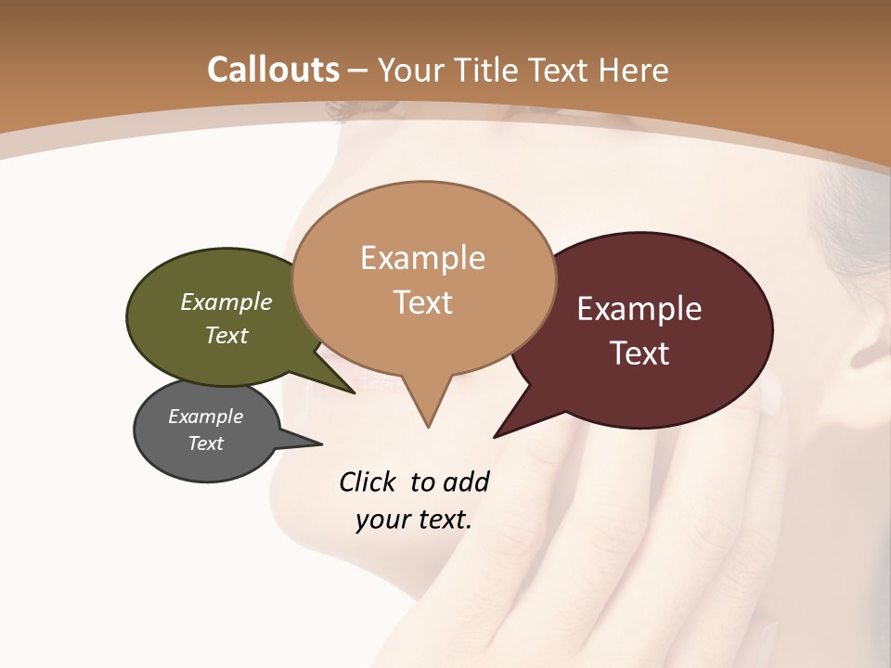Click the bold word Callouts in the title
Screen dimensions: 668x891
pyautogui.click(x=273, y=70)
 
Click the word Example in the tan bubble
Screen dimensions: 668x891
pyautogui.click(x=422, y=258)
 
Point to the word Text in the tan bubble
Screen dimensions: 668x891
pyautogui.click(x=422, y=302)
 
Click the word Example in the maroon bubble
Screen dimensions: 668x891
pyautogui.click(x=639, y=309)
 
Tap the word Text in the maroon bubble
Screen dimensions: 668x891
pyautogui.click(x=640, y=353)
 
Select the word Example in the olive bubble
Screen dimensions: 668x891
pyautogui.click(x=226, y=302)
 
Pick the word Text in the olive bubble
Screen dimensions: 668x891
pyautogui.click(x=226, y=335)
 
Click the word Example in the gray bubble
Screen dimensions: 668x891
pyautogui.click(x=205, y=417)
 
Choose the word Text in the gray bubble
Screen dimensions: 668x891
pyautogui.click(x=205, y=443)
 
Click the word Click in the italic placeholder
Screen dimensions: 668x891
pyautogui.click(x=369, y=482)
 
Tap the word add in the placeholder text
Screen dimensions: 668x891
pyautogui.click(x=466, y=482)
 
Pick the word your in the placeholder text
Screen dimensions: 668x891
pyautogui.click(x=380, y=520)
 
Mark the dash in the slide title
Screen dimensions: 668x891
pyautogui.click(x=357, y=71)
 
